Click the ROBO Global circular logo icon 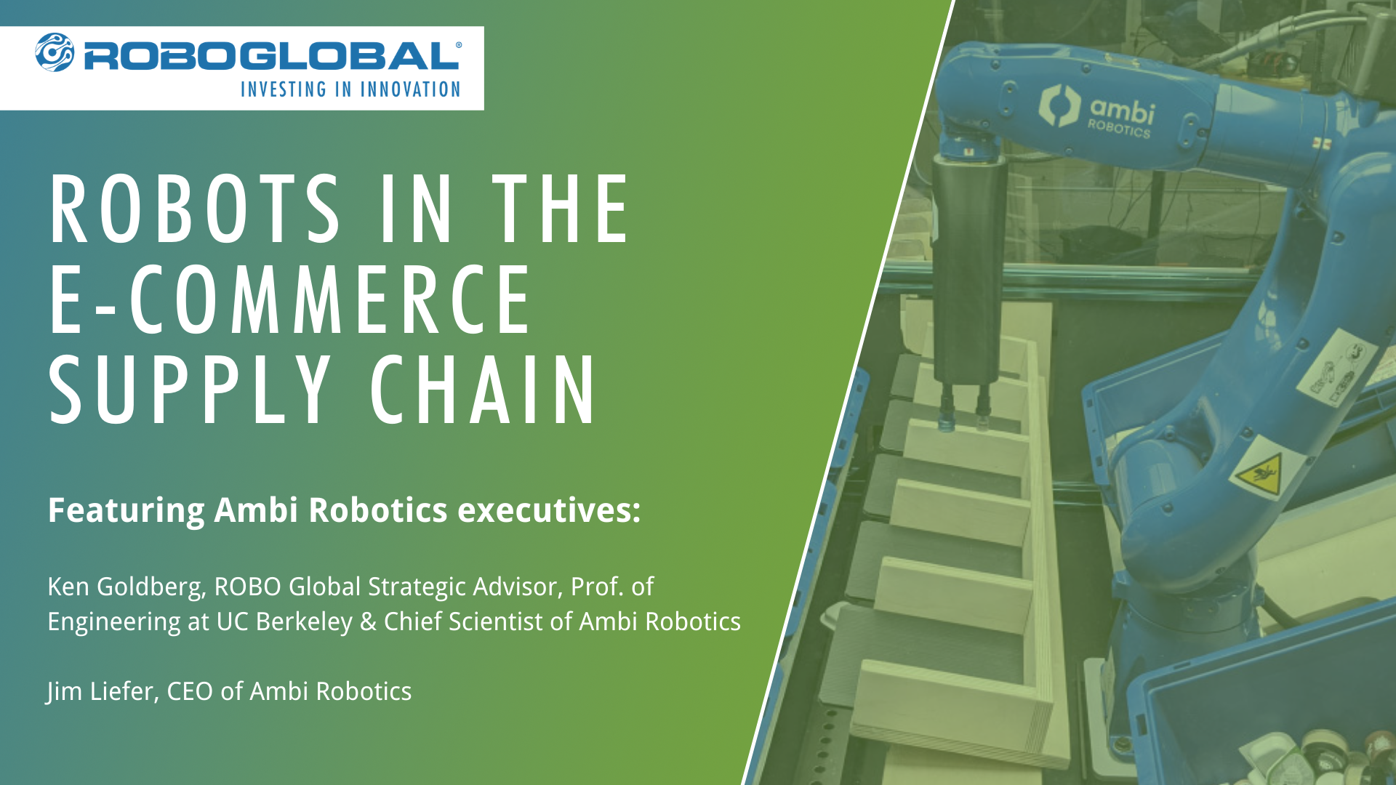click(55, 52)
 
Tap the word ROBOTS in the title click(194, 209)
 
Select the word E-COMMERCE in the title click(290, 299)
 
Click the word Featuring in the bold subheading click(126, 510)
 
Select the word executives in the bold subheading click(548, 510)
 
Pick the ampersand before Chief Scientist click(368, 622)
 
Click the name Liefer click(123, 691)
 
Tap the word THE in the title click(561, 209)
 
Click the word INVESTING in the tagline click(284, 89)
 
